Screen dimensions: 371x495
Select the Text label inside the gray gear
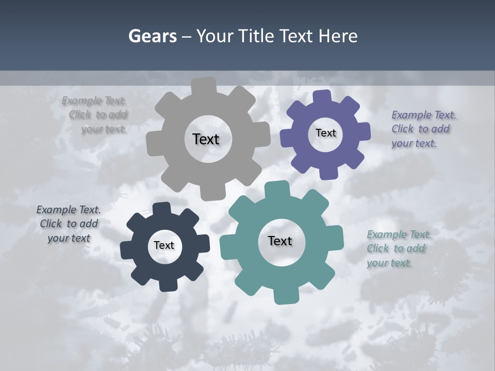(206, 139)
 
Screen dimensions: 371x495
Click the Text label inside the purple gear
(325, 133)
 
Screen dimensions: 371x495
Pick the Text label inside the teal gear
(280, 241)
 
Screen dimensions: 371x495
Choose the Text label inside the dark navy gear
(164, 245)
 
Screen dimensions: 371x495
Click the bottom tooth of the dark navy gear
(166, 284)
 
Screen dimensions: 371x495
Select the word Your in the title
(211, 36)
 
